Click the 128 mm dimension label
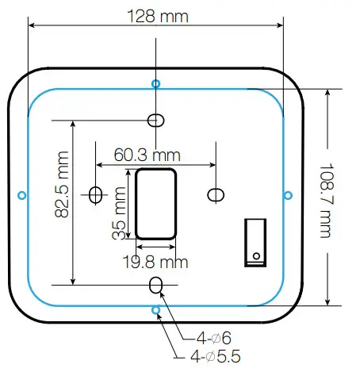(x=156, y=15)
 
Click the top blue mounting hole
(x=155, y=83)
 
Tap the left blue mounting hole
(x=21, y=194)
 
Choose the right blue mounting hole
(x=289, y=194)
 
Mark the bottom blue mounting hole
(x=156, y=309)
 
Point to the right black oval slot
(x=214, y=194)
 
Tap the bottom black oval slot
(x=156, y=284)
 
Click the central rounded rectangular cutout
(x=155, y=202)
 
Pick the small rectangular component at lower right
(x=255, y=240)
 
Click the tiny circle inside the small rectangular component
(x=256, y=255)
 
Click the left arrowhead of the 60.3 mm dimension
(x=99, y=165)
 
